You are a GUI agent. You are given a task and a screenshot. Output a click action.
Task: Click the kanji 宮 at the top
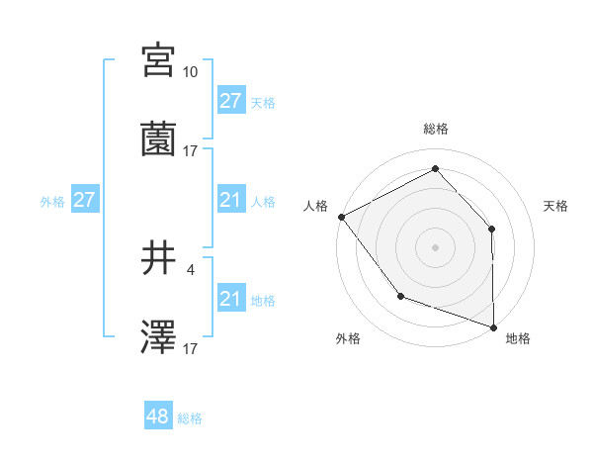click(x=158, y=60)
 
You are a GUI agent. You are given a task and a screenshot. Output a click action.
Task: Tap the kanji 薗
click(x=158, y=139)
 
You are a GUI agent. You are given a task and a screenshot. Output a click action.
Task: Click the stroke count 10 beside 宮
click(x=191, y=72)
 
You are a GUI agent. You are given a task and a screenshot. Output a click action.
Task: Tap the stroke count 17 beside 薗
click(x=191, y=151)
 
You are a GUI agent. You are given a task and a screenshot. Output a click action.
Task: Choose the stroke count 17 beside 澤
click(x=191, y=349)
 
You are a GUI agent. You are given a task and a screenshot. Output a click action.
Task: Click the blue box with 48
click(x=158, y=417)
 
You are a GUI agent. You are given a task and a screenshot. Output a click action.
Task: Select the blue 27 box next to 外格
click(x=84, y=200)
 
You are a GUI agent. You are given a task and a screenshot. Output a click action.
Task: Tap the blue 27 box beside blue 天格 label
click(x=230, y=101)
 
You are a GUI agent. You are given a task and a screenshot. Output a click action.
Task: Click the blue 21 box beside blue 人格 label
click(x=230, y=200)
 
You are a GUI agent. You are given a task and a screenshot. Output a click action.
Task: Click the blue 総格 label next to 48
click(x=191, y=418)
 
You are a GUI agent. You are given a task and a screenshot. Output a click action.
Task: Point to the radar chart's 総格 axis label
click(x=436, y=130)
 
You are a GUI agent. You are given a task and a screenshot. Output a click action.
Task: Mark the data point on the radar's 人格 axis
click(x=341, y=217)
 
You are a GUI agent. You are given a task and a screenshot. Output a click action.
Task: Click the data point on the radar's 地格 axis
click(x=494, y=326)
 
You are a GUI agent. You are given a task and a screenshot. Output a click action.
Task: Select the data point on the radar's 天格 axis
click(x=492, y=229)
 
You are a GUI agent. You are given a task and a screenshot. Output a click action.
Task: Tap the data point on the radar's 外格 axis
click(x=400, y=295)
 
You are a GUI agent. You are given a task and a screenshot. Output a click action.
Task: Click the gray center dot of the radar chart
click(x=436, y=246)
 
